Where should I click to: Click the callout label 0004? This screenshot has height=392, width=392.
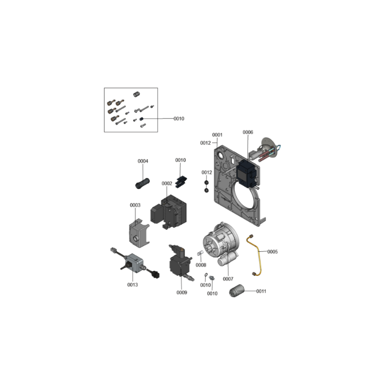(x=143, y=161)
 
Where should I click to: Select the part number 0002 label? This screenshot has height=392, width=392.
(x=167, y=183)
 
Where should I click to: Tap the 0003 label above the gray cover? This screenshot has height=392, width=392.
(x=135, y=205)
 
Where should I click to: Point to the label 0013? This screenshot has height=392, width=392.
(x=132, y=285)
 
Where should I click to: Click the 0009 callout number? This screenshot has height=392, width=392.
(x=182, y=293)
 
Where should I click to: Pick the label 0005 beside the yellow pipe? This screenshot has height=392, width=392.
(x=272, y=252)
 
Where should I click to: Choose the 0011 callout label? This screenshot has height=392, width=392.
(x=261, y=291)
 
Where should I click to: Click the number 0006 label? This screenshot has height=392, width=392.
(x=248, y=132)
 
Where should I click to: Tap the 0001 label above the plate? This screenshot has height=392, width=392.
(x=217, y=135)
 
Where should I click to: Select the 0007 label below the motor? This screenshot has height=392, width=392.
(x=228, y=279)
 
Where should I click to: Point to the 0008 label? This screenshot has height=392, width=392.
(x=201, y=265)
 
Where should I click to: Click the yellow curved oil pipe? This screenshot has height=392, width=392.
(x=258, y=251)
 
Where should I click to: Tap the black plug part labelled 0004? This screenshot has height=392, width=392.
(x=142, y=183)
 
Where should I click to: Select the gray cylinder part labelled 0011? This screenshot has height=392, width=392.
(x=237, y=291)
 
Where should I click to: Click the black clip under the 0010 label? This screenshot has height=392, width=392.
(x=181, y=182)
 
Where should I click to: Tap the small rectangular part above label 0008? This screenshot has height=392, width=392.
(x=200, y=253)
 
